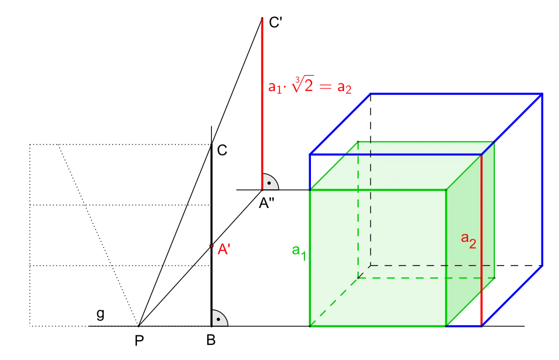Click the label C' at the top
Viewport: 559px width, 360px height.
(x=275, y=23)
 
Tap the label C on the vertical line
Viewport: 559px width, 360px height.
(x=222, y=150)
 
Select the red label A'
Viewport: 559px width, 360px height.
(x=224, y=249)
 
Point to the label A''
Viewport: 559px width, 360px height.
(x=266, y=203)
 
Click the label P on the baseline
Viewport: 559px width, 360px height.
(x=139, y=341)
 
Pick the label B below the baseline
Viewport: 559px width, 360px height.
(x=211, y=340)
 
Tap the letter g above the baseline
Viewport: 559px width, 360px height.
(x=101, y=314)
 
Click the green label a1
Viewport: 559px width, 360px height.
(x=299, y=252)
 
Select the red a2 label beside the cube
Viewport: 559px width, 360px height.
(x=468, y=240)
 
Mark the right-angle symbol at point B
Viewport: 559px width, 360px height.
(x=220, y=318)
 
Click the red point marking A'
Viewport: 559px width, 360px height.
(x=211, y=246)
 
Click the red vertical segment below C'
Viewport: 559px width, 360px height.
(x=262, y=104)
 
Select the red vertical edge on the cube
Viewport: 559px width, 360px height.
(x=482, y=240)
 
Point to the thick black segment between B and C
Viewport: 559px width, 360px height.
(x=211, y=235)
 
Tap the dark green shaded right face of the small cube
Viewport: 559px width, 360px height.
(x=470, y=234)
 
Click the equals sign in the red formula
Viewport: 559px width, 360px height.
(x=326, y=87)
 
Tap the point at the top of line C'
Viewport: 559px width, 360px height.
(x=262, y=18)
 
